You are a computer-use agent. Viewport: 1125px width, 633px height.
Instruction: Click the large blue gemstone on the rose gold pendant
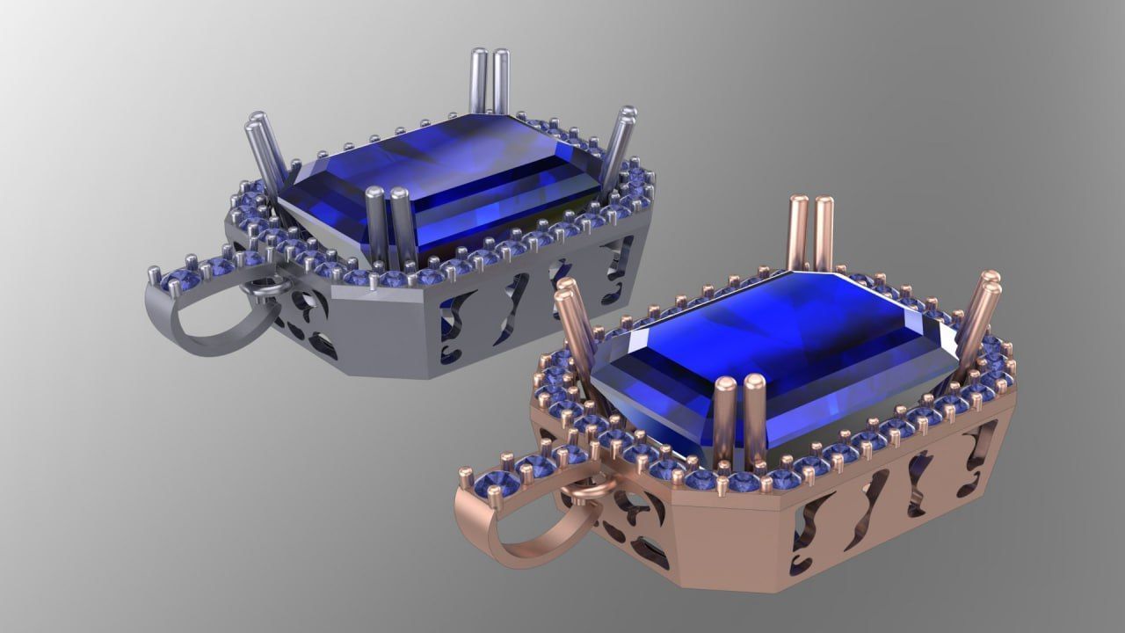pyautogui.click(x=773, y=352)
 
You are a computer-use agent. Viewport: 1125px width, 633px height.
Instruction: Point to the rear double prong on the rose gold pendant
pyautogui.click(x=810, y=233)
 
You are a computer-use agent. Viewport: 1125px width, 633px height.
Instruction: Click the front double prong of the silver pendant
pyautogui.click(x=388, y=224)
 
